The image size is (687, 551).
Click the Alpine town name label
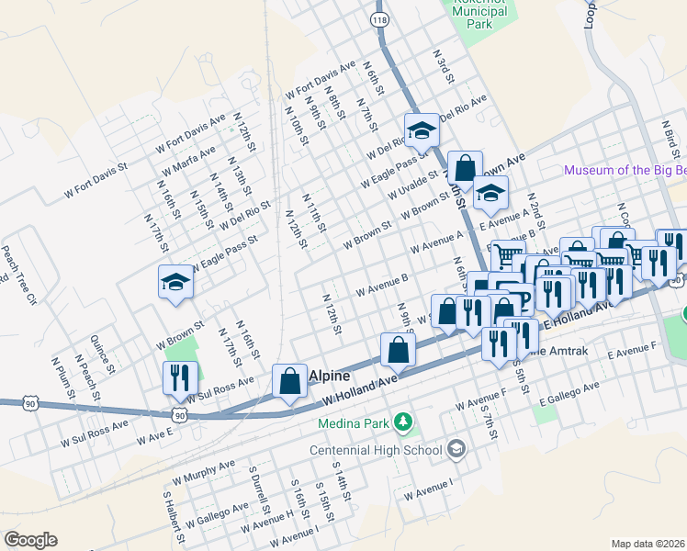[x=330, y=376]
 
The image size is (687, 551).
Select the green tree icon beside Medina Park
[x=401, y=422]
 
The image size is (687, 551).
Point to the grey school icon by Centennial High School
[x=456, y=449]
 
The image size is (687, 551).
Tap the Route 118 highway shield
[x=378, y=19]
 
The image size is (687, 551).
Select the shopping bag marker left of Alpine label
[x=290, y=382]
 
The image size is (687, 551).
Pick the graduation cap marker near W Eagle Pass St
[x=175, y=283]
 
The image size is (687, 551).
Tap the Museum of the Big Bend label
[x=625, y=170]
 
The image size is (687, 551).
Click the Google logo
[x=30, y=540]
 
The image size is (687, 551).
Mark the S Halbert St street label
[x=170, y=514]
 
